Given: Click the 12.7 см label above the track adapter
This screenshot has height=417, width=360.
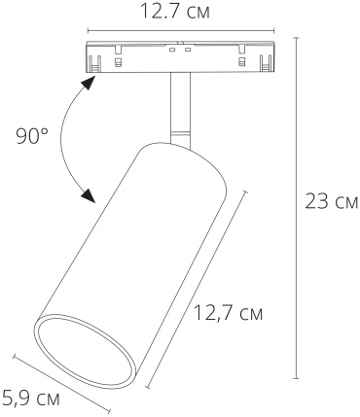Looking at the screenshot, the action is coord(175,12).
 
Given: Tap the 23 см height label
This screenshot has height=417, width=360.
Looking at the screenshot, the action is coord(332,202).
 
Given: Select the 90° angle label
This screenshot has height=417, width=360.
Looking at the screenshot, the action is coord(32,136).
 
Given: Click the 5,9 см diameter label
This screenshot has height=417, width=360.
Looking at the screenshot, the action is coord(31,398).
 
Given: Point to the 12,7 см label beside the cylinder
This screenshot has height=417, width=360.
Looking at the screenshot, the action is coord(228,313).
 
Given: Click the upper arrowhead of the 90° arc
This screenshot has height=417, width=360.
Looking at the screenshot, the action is coord(89,83).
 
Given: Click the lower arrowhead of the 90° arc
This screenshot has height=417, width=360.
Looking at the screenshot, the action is coord(89,195).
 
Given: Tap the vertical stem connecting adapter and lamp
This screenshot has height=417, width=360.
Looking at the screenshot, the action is coord(180,109).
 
